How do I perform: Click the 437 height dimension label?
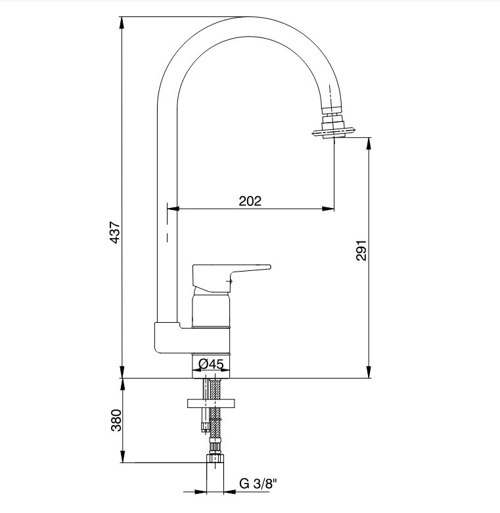[x=115, y=232]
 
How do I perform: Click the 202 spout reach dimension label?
[x=250, y=201]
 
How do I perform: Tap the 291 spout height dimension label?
[x=361, y=251]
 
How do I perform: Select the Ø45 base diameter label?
[x=211, y=364]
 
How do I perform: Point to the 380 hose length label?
[x=116, y=421]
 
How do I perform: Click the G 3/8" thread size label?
[x=258, y=483]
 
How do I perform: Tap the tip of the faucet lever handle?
[x=269, y=266]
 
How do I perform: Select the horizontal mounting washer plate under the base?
[x=211, y=403]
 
